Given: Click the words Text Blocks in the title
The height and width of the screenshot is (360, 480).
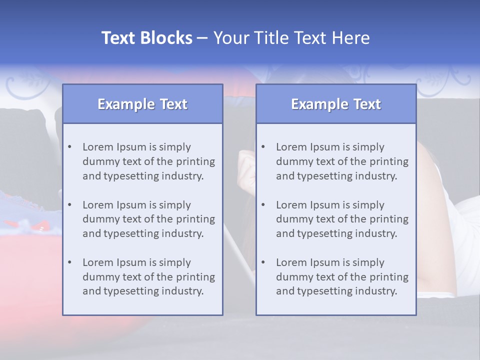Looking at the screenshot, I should pyautogui.click(x=146, y=38).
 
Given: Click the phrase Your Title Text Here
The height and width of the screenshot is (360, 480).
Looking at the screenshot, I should pyautogui.click(x=291, y=38).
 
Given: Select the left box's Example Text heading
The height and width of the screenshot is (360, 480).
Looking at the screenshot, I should pyautogui.click(x=142, y=104).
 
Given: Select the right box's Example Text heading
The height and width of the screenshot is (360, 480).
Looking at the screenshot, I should pyautogui.click(x=336, y=104).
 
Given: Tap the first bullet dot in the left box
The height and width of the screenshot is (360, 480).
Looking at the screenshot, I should pyautogui.click(x=69, y=147).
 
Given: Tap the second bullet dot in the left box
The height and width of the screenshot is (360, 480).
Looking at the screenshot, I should pyautogui.click(x=69, y=205).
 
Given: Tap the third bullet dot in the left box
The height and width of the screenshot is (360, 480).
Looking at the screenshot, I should pyautogui.click(x=69, y=262).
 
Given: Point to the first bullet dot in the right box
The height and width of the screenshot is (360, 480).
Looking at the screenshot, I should pyautogui.click(x=263, y=147).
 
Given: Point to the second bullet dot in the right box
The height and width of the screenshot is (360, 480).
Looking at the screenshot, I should pyautogui.click(x=263, y=205).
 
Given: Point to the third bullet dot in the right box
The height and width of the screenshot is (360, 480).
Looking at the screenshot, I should pyautogui.click(x=263, y=262).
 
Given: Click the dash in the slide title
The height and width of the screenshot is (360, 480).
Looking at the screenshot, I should pyautogui.click(x=202, y=38).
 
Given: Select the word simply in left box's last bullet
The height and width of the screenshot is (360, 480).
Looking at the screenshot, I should pyautogui.click(x=175, y=262).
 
